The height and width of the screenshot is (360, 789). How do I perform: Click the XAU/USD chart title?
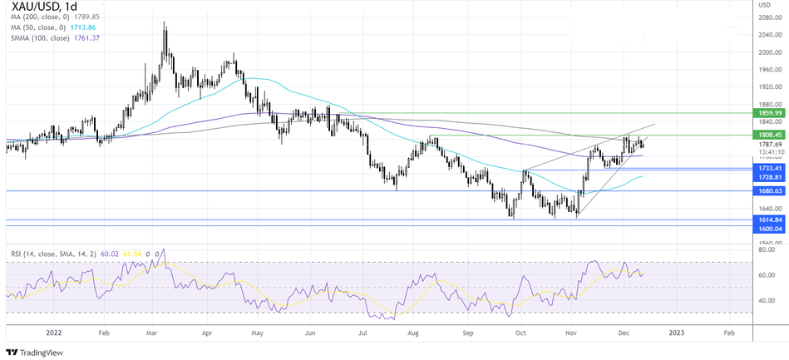[47, 9]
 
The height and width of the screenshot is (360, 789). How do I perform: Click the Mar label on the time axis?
[153, 331]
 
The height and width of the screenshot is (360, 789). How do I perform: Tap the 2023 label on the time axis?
[678, 331]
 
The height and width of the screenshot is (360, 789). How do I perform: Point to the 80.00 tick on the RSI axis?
[767, 249]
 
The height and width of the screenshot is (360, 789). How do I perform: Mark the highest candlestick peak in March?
[165, 22]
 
